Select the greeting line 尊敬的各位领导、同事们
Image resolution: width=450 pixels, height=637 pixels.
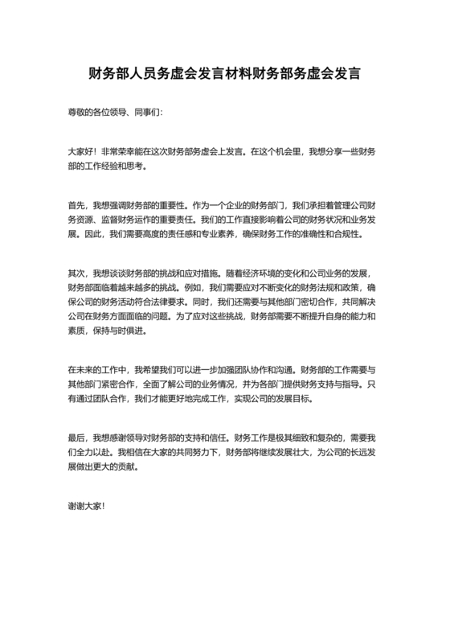[115, 113]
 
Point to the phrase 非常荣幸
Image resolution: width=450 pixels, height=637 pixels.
[117, 150]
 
